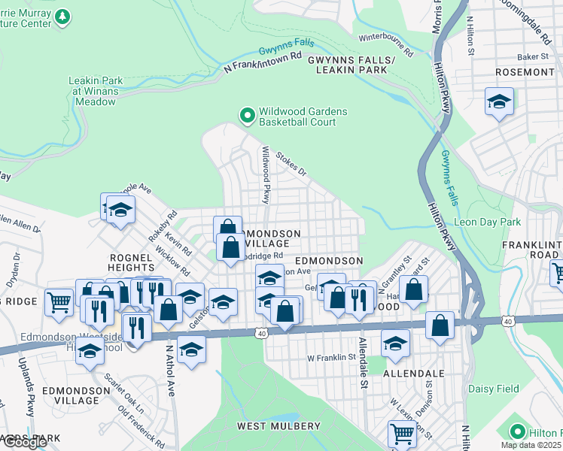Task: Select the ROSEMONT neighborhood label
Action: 525,72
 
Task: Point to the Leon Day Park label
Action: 488,222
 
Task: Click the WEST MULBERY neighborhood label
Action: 278,426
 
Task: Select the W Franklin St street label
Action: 330,358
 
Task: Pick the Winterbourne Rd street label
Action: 386,45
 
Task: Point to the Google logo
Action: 24,442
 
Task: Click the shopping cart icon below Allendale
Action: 402,434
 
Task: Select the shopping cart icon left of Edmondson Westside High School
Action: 59,303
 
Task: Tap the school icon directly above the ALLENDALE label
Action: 394,343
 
